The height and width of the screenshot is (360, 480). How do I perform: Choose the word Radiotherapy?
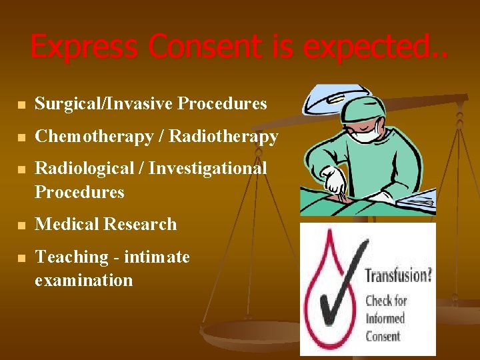223,137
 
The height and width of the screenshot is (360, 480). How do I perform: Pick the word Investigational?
207,169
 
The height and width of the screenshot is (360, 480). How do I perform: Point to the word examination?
83,281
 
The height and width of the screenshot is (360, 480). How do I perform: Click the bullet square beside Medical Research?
21,226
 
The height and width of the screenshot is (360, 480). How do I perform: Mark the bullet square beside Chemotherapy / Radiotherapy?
21,138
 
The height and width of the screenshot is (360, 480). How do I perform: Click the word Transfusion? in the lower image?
397,275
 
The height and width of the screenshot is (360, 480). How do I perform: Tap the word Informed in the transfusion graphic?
385,318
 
